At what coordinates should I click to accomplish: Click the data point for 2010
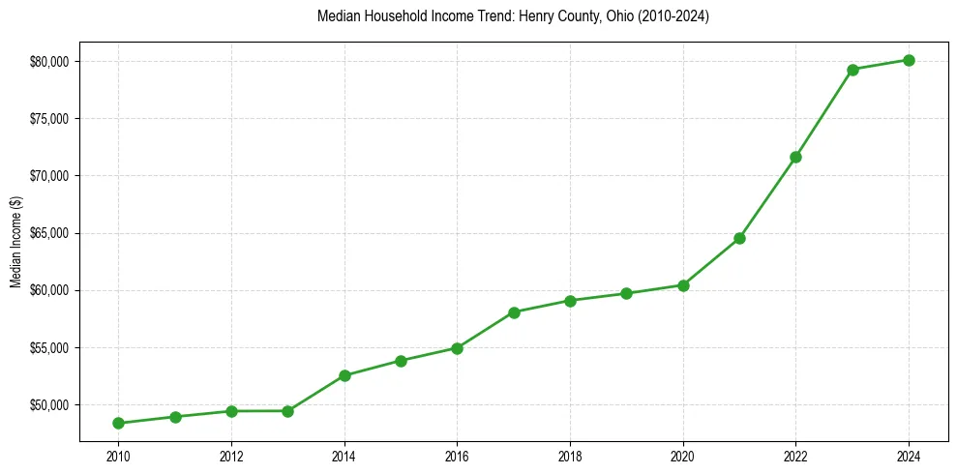[x=118, y=423]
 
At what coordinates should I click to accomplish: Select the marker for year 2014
[x=344, y=375]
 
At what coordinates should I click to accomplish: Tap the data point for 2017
[x=514, y=312]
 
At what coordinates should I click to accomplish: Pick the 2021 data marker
[x=739, y=238]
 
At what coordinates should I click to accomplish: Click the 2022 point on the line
[x=795, y=157]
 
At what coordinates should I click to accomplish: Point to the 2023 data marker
[x=852, y=70]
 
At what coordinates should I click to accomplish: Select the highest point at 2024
[x=909, y=60]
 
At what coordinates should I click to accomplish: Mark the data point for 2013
[x=287, y=411]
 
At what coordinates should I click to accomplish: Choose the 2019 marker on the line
[x=626, y=293]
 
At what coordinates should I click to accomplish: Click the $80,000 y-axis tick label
[x=50, y=62]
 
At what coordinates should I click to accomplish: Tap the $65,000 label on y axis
[x=50, y=233]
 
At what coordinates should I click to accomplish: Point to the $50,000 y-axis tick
[x=50, y=404]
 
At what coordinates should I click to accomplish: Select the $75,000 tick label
[x=50, y=119]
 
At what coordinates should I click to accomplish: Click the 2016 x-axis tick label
[x=457, y=455]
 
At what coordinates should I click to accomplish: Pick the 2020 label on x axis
[x=683, y=455]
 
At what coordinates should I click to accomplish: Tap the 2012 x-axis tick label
[x=230, y=455]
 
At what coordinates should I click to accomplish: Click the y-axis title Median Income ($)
[x=15, y=242]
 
